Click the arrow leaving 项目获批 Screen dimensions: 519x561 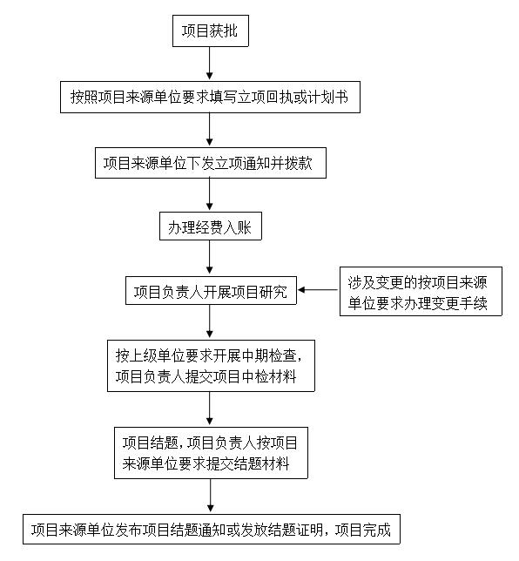coord(210,63)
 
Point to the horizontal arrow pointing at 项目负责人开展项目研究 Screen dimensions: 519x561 coord(318,290)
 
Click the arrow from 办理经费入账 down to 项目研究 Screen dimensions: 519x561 coord(210,257)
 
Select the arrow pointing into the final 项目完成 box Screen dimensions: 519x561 coord(211,496)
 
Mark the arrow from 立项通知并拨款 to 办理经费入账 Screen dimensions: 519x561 coord(210,194)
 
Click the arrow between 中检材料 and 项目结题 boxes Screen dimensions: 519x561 coord(210,409)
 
